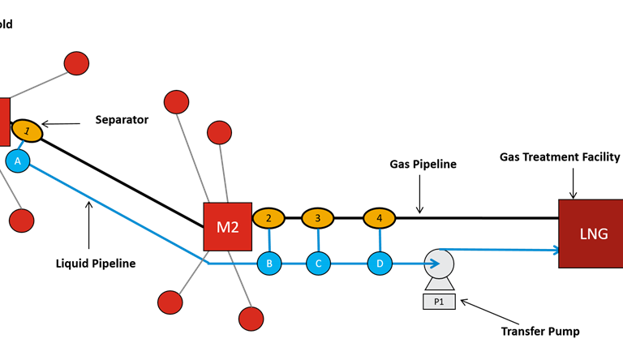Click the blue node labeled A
[17, 161]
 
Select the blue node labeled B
[269, 264]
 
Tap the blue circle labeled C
[318, 264]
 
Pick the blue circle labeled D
[380, 264]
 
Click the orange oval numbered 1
[27, 131]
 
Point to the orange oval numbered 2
[269, 218]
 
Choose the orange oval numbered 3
[318, 218]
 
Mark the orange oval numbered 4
[379, 218]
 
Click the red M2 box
[227, 226]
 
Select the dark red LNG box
[591, 234]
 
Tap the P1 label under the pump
[439, 302]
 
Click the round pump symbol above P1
[440, 264]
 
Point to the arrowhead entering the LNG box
[555, 250]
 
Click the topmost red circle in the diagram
[76, 63]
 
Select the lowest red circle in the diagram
[251, 319]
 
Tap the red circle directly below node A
[21, 221]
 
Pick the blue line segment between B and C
[294, 264]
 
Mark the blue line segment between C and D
[349, 264]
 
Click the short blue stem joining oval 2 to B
[269, 240]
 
